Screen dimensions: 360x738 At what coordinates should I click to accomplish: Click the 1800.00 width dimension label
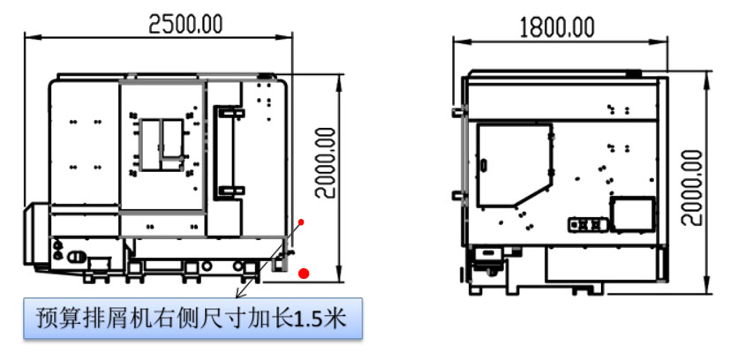point(555,26)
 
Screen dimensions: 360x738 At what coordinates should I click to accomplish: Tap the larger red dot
point(305,273)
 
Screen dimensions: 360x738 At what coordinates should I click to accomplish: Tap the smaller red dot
point(302,221)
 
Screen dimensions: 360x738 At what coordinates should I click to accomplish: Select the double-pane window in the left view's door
point(161,144)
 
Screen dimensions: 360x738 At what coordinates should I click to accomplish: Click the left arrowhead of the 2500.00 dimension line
point(27,36)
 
